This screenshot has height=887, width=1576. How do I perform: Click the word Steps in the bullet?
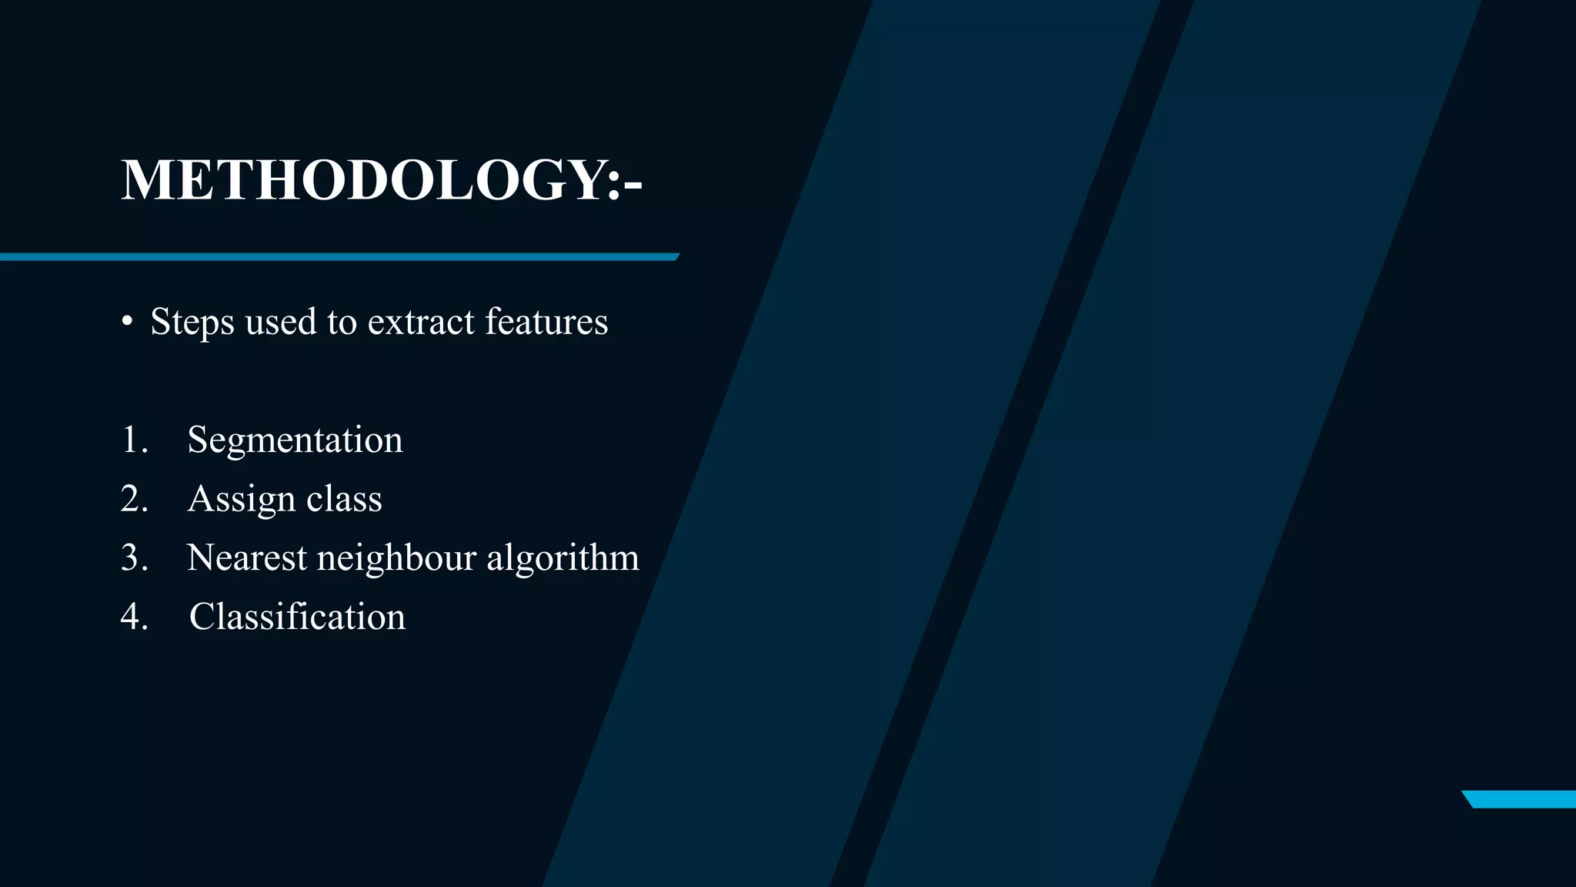[192, 322]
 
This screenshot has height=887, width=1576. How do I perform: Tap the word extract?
[421, 322]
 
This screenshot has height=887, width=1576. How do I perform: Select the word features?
[546, 322]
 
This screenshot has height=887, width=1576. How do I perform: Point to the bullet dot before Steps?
[128, 322]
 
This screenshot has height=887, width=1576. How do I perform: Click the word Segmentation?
[295, 440]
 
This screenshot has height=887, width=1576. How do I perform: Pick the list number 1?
[132, 440]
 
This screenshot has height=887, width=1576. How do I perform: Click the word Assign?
[242, 499]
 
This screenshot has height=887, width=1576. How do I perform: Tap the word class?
[344, 499]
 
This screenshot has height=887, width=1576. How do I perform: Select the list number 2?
[133, 499]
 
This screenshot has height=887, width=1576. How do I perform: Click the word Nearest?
[247, 557]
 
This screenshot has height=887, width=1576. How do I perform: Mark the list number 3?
[133, 557]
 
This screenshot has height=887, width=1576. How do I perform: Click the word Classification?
[297, 617]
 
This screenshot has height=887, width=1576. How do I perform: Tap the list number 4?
[133, 617]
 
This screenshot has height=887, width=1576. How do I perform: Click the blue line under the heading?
[339, 256]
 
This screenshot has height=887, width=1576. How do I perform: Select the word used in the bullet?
[281, 322]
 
